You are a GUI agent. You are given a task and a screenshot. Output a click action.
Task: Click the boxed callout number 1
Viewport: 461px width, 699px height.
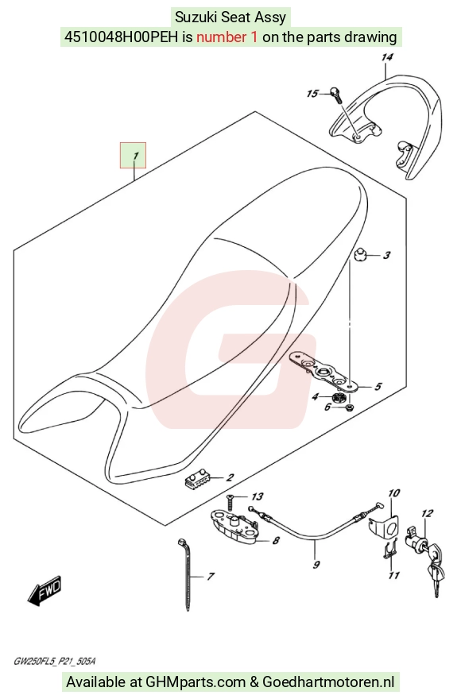[134, 156]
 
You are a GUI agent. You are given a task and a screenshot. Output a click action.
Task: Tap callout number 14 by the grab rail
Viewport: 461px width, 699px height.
[387, 57]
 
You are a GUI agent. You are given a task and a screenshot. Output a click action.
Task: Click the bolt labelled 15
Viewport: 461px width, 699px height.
[336, 93]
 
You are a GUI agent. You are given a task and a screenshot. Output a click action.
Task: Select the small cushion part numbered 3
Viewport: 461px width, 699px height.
[360, 256]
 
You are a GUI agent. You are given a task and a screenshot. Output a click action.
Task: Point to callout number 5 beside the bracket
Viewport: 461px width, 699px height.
[378, 386]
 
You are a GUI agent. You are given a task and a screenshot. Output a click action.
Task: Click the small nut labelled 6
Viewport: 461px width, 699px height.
[351, 407]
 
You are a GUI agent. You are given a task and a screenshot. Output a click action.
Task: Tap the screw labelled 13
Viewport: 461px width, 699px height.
[231, 502]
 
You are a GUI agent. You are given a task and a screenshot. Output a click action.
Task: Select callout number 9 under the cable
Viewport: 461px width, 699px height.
[316, 565]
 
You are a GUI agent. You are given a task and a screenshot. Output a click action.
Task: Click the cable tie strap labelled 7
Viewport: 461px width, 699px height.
[186, 574]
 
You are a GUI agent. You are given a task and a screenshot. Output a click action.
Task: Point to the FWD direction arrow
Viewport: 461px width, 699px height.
[44, 591]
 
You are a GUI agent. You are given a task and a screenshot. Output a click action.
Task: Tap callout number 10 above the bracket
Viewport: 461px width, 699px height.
[393, 493]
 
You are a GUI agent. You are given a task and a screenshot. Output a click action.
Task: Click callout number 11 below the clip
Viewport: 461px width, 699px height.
[393, 576]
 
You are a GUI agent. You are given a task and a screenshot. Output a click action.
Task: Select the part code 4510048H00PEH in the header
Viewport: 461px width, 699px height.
[122, 37]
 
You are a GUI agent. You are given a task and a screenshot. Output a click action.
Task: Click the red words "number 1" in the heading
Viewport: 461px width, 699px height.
[227, 37]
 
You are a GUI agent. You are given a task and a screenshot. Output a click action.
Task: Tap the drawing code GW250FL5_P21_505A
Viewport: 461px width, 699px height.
[54, 661]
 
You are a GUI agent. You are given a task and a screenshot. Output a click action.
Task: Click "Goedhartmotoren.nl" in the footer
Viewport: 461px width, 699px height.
[328, 682]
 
